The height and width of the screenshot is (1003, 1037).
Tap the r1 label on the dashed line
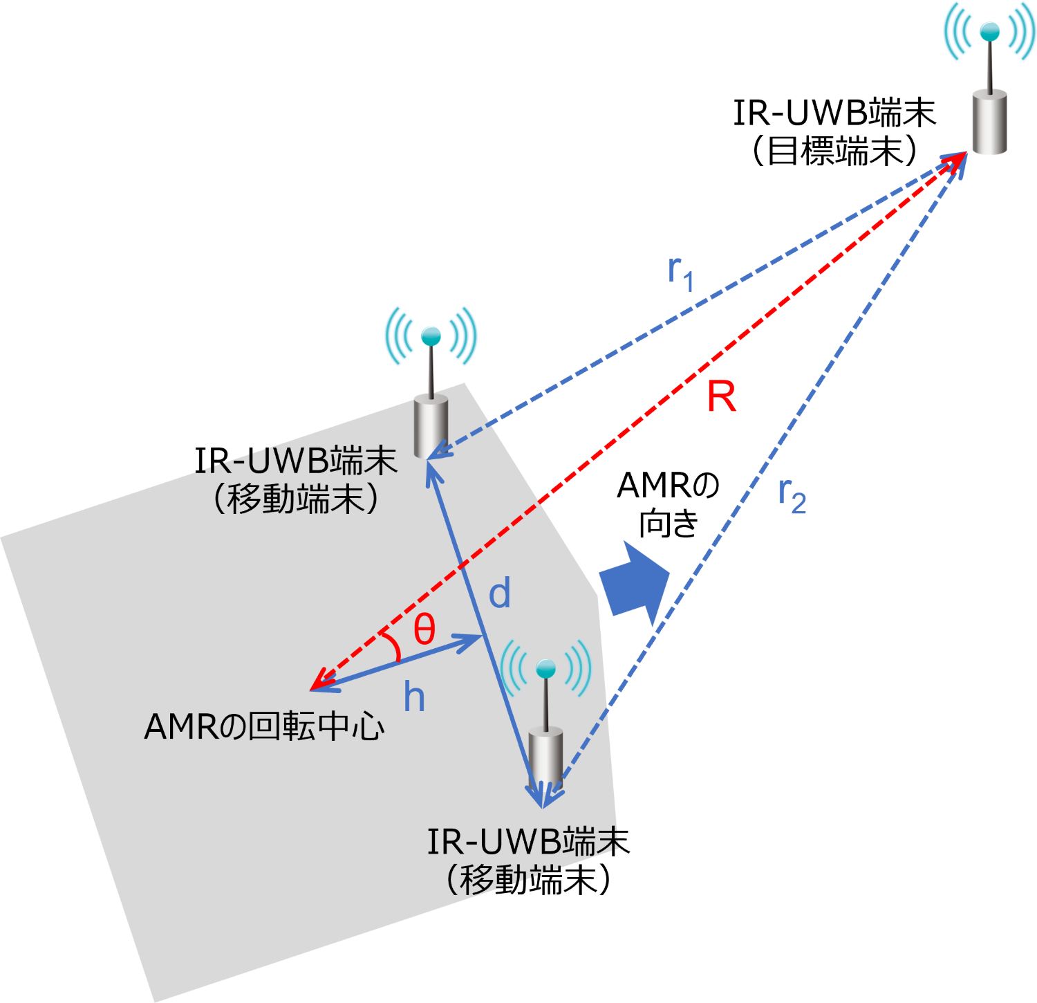681,273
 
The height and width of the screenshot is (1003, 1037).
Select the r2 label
792,496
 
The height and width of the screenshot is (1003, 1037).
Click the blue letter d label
499,594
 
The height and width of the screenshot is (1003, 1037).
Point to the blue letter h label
414,697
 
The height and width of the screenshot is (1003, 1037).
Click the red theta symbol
424,629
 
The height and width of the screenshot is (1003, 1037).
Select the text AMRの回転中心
264,727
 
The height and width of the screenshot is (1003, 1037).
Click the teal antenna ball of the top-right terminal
990,30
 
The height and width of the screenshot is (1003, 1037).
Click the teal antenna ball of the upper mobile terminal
431,336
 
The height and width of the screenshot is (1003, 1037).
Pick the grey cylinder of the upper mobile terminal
431,426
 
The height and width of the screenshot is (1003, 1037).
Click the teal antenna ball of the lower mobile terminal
546,668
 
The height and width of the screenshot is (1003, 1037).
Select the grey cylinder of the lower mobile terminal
546,757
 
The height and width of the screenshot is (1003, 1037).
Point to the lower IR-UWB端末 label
523,842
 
